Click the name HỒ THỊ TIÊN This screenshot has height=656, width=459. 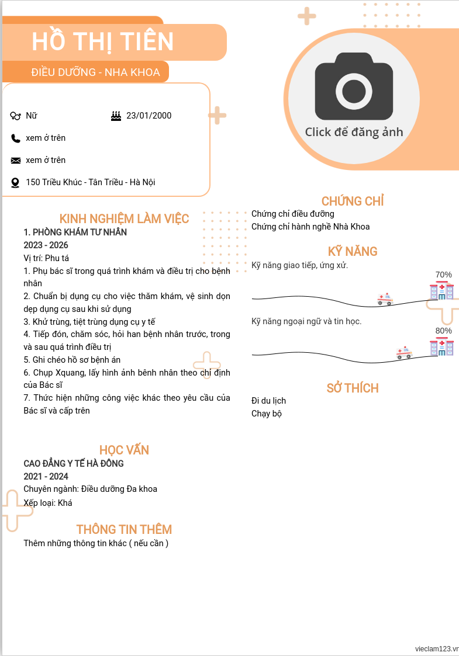103,41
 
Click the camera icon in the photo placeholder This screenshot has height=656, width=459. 354,86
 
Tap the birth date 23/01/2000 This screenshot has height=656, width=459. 149,116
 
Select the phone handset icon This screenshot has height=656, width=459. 16,138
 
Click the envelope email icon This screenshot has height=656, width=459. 16,161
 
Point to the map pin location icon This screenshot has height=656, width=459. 16,183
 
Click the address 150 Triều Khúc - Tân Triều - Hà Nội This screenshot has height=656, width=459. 91,182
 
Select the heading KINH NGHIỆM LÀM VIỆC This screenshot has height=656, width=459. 124,219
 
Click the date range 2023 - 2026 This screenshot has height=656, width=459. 46,245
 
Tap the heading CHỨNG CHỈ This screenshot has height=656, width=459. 353,202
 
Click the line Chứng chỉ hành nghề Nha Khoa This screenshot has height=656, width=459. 310,227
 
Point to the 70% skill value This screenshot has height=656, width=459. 444,275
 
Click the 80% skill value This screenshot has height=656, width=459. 444,331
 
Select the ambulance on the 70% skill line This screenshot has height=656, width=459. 385,299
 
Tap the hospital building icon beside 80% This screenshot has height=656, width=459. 441,346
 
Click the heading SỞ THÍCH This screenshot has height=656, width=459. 353,388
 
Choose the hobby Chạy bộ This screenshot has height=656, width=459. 267,414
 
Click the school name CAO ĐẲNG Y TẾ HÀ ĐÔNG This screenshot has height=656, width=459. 74,463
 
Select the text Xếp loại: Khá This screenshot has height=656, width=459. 48,502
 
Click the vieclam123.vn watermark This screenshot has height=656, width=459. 436,649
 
